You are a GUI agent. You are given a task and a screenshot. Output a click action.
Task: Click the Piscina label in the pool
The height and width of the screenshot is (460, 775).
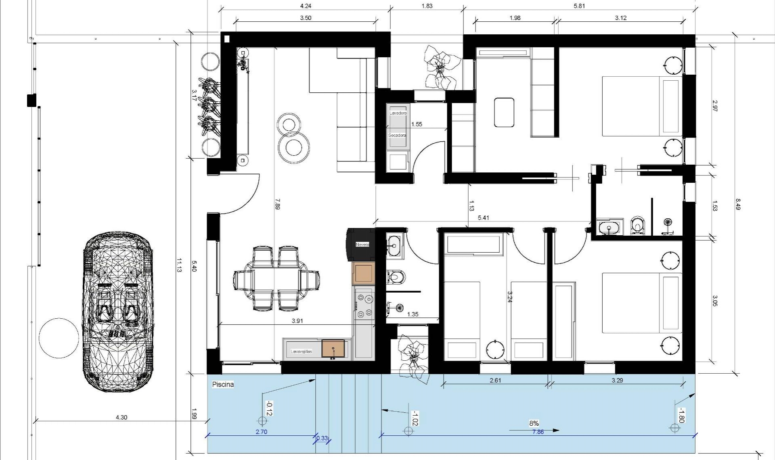point(223,385)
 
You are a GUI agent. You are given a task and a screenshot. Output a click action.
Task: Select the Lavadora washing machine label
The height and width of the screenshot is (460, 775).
point(398,113)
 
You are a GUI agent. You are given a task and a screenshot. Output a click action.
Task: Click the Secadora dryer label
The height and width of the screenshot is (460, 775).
point(397,136)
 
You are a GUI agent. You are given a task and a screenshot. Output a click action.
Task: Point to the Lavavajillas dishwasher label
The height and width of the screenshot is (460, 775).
point(301,351)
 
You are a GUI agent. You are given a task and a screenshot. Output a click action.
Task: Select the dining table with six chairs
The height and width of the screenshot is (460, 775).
point(276,279)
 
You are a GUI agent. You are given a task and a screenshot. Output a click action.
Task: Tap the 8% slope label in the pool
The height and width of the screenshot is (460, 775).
point(534,423)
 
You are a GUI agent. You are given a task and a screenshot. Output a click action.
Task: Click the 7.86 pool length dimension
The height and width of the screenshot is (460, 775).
point(538,432)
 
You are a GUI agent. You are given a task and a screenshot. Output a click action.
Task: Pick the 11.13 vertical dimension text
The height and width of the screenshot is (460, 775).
point(179,265)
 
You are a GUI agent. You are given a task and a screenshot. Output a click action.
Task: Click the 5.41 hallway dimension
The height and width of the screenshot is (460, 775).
point(483,218)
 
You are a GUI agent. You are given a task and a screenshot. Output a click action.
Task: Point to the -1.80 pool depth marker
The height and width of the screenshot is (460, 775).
point(681,416)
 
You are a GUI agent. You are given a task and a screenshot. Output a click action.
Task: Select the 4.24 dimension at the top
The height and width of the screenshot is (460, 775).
point(306,6)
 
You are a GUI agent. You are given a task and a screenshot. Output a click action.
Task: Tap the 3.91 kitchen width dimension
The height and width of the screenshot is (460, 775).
point(297,321)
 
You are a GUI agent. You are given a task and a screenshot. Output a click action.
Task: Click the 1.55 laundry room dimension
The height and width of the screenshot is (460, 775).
point(417,124)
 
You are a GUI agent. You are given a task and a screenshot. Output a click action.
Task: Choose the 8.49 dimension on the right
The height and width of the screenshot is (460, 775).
point(738,204)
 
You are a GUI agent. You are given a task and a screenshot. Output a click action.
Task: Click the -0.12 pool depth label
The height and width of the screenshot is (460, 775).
point(269,408)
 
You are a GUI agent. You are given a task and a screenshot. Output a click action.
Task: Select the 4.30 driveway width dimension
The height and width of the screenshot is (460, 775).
point(121,417)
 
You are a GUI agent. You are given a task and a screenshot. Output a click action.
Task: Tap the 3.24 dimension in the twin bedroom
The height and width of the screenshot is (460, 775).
point(509,297)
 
